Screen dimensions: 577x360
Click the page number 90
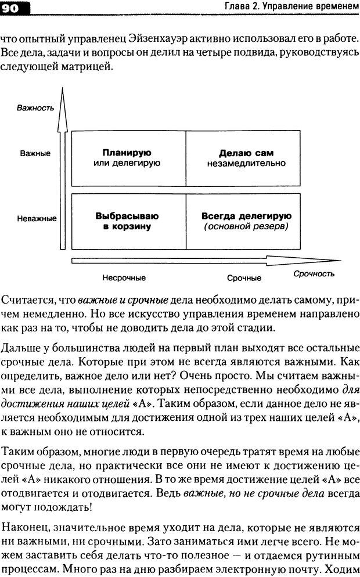[x=12, y=8]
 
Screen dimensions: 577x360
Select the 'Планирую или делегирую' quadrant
[x=127, y=158]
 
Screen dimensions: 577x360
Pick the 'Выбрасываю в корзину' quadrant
[x=127, y=221]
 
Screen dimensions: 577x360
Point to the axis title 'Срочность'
[x=314, y=273]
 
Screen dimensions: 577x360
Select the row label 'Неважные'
[x=37, y=219]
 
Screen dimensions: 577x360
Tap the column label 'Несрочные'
[x=123, y=278]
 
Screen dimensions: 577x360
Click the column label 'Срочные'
[x=244, y=278]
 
